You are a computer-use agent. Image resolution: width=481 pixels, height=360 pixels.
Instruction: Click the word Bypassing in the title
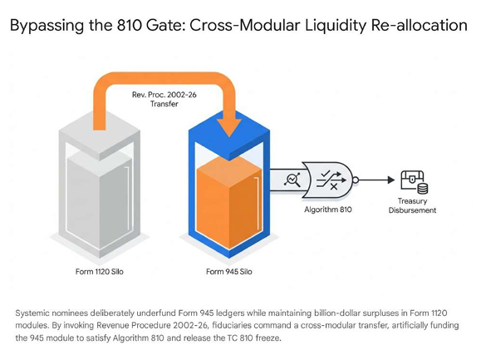[x=47, y=26]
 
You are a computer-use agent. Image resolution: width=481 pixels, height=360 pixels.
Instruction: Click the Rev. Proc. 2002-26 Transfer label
[x=164, y=99]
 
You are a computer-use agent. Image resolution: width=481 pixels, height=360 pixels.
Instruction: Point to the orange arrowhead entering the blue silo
[x=228, y=127]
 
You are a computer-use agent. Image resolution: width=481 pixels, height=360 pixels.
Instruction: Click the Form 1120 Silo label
[x=100, y=272]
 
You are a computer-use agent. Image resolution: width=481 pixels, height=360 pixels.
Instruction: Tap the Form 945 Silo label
[x=228, y=272]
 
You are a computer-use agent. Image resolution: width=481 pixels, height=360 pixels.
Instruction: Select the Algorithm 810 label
[x=328, y=210]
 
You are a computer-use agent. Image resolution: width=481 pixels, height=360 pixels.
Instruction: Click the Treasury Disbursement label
[x=412, y=205]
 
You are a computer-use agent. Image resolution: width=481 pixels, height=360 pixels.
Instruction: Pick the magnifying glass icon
[x=292, y=180]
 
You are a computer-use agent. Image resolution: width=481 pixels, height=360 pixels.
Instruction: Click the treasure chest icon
[x=415, y=182]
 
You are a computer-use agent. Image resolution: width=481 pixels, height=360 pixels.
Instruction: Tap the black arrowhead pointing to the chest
[x=391, y=180]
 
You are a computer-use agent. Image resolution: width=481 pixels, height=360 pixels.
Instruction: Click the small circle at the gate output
[x=356, y=180]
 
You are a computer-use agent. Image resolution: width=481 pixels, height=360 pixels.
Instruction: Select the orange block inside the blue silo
[x=228, y=199]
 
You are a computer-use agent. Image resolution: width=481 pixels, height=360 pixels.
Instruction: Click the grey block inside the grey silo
[x=100, y=199]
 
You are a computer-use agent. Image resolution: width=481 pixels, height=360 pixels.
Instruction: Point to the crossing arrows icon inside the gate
[x=331, y=180]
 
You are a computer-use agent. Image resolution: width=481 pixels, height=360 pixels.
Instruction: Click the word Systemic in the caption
[x=32, y=313]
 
